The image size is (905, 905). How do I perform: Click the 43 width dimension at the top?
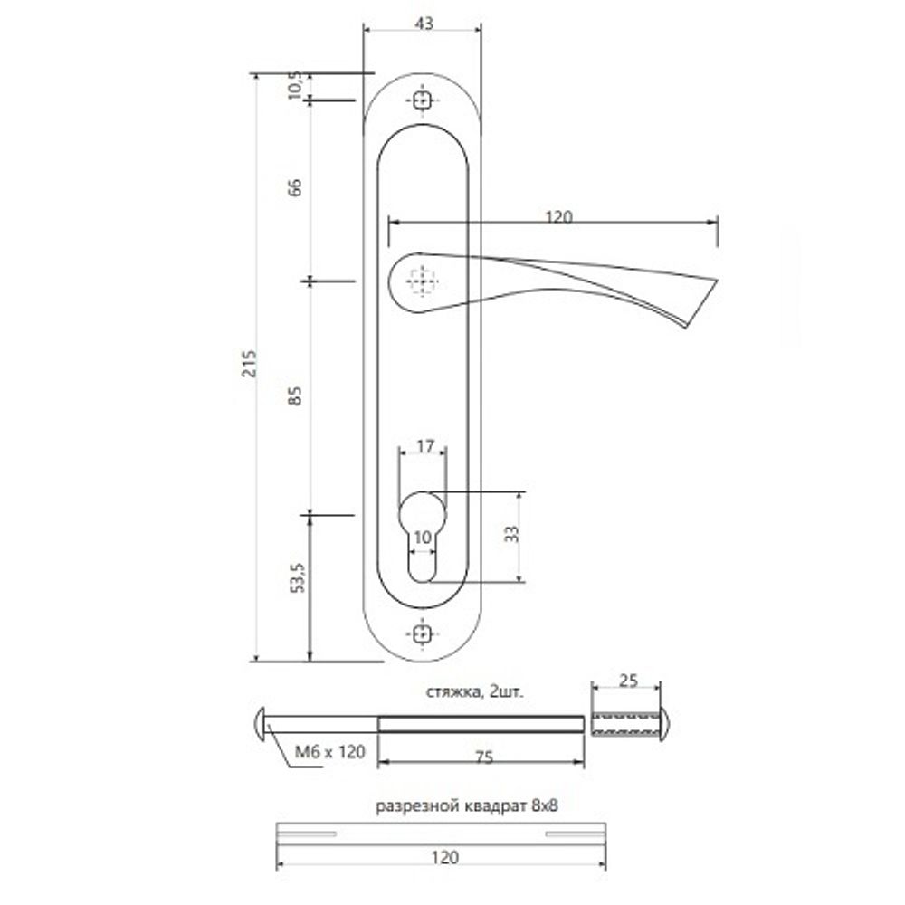(x=421, y=24)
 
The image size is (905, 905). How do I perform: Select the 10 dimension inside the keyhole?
(x=422, y=538)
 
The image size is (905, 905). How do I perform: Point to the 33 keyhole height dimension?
(x=511, y=534)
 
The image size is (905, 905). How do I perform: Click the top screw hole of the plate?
(x=422, y=102)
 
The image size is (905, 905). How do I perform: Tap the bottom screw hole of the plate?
(x=422, y=633)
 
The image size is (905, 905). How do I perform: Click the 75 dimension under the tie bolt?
(x=483, y=758)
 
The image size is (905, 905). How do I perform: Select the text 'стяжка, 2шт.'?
(x=475, y=691)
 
